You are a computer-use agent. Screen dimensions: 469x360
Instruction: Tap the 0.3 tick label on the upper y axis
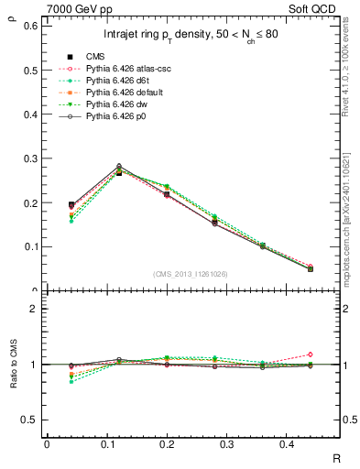click(x=30, y=158)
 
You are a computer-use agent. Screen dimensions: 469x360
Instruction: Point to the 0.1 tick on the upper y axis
click(x=30, y=246)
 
